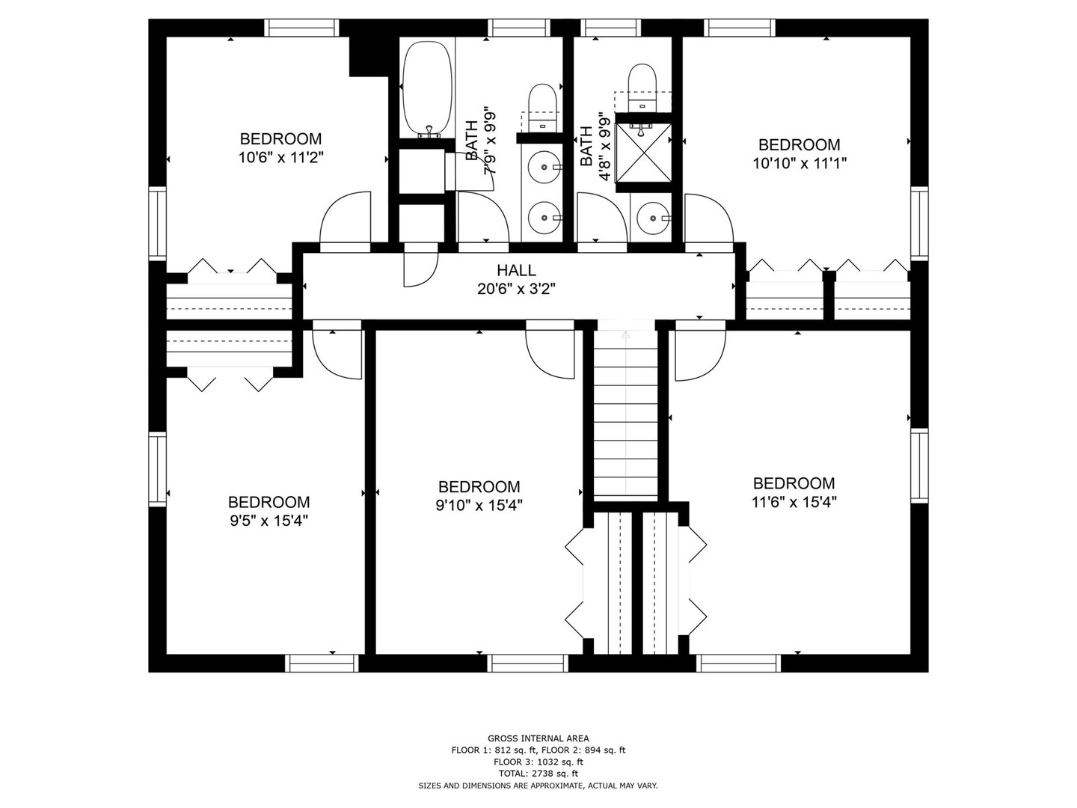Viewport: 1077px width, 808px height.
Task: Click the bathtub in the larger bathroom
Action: tap(427, 89)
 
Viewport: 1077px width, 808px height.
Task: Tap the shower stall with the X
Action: tap(643, 152)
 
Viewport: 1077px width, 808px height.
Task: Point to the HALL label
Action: tap(516, 270)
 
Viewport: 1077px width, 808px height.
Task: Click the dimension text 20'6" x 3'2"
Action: tap(516, 289)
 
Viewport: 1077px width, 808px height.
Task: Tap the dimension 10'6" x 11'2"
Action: tap(280, 157)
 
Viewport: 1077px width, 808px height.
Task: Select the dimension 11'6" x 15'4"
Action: tap(794, 502)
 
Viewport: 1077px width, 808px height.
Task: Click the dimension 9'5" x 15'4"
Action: tap(269, 520)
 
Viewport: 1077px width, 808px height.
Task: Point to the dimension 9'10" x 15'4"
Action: tap(479, 505)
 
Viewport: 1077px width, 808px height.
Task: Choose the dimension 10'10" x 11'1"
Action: tap(800, 163)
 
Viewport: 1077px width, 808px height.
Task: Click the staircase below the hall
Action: tap(625, 414)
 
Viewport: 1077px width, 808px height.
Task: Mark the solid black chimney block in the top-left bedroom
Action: tap(369, 55)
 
